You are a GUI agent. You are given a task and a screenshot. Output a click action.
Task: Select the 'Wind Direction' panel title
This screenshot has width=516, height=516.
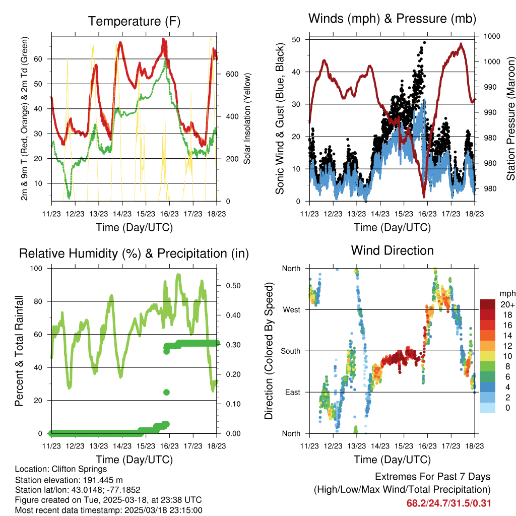392,250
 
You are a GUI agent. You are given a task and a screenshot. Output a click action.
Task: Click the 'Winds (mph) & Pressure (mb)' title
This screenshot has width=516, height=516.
392,19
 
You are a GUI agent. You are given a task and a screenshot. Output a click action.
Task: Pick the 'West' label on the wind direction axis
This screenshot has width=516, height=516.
291,310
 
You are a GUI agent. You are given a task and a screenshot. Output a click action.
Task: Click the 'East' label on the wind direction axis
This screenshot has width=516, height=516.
292,392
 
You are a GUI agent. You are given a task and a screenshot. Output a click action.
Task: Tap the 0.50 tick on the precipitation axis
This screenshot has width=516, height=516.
232,286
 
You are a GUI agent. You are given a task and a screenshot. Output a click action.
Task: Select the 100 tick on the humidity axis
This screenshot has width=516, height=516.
37,269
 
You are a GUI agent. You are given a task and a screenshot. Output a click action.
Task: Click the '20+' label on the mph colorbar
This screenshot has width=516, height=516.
507,305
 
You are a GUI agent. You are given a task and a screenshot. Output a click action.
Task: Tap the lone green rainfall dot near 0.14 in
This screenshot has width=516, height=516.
166,392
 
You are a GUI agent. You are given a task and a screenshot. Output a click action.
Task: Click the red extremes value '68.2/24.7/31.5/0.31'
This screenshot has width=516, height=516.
448,503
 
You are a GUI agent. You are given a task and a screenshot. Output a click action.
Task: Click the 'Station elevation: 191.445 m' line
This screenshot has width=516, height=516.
69,480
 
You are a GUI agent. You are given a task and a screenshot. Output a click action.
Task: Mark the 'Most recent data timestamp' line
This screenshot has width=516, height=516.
109,510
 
